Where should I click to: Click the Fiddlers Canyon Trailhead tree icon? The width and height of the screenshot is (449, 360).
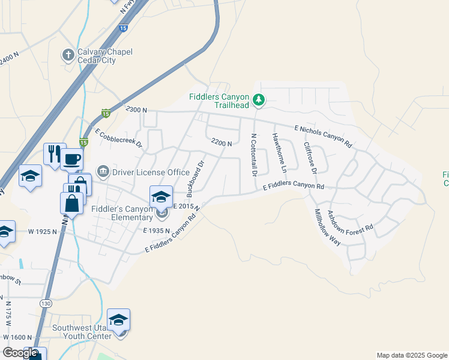pos(258,100)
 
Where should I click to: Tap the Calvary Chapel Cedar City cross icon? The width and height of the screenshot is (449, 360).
pos(68,55)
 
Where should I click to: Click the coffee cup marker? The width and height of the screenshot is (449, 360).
pos(72,160)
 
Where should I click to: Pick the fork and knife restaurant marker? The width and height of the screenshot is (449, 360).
pos(54,154)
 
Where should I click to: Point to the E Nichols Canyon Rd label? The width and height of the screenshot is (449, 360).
pos(323,136)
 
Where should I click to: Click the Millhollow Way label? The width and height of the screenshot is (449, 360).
pos(327,227)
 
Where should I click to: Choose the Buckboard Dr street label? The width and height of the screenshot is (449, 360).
pos(196,178)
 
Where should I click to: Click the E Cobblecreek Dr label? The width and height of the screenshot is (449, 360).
pos(118,139)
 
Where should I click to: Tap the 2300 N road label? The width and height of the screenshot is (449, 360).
pos(136,110)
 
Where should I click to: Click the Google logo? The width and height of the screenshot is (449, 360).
pos(20,353)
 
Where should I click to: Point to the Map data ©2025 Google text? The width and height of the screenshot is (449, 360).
pos(412,355)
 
